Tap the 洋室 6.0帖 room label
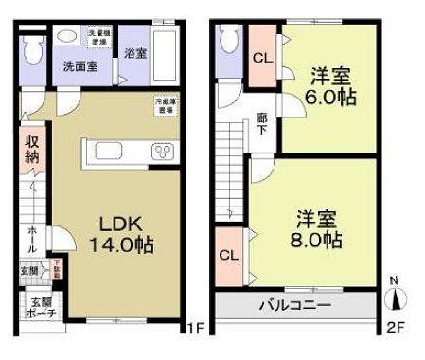pyautogui.click(x=329, y=84)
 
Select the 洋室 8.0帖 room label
pyautogui.click(x=316, y=228)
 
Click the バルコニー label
pyautogui.click(x=294, y=306)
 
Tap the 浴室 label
pyautogui.click(x=133, y=53)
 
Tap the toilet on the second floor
pyautogui.click(x=228, y=40)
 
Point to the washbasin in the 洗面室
pyautogui.click(x=66, y=36)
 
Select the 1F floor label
pyautogui.click(x=194, y=330)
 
